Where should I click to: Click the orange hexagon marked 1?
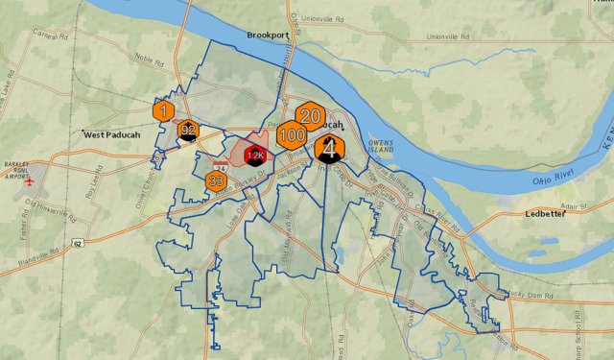coord(164,110)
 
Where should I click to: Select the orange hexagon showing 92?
coord(188,132)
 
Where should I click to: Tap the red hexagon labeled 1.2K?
coord(255,154)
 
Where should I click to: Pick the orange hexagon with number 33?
coord(216,180)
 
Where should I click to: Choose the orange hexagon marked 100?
coord(292,135)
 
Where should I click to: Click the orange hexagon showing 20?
coord(309,116)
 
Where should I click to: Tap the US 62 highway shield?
coord(76,244)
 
